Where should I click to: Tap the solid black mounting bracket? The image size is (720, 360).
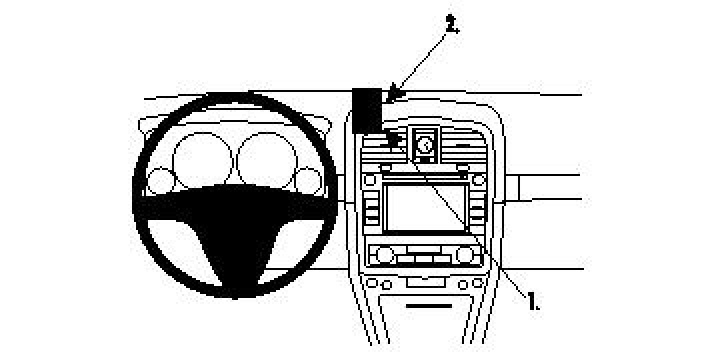coord(368,110)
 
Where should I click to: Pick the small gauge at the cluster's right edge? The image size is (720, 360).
coord(309,181)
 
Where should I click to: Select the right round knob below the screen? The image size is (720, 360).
coord(473,256)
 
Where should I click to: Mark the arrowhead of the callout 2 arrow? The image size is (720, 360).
coord(393,98)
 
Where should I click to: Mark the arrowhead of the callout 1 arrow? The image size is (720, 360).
coord(392,138)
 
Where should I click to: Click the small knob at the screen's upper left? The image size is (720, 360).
coord(371,180)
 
